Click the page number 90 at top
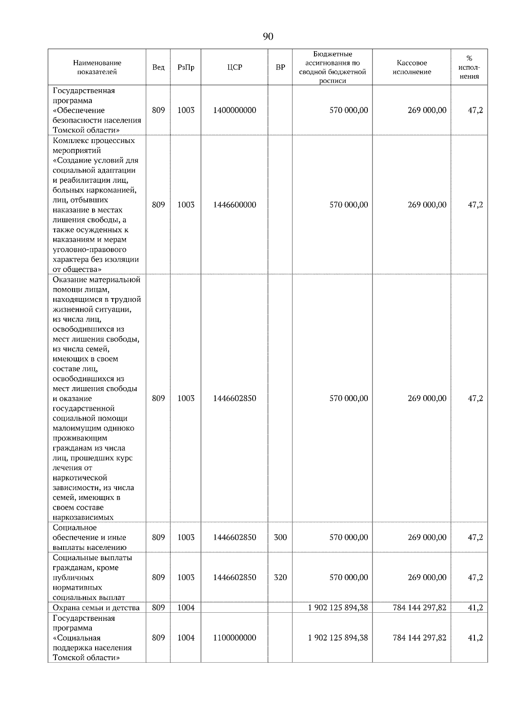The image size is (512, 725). [x=268, y=37]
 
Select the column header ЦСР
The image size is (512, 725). [x=235, y=67]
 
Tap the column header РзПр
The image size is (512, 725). [x=186, y=67]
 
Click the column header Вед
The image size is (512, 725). [x=158, y=67]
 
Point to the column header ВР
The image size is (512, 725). [x=280, y=67]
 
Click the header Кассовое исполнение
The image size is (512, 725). [x=412, y=67]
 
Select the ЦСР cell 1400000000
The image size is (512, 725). [x=235, y=110]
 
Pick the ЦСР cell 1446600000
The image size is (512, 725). [x=235, y=205]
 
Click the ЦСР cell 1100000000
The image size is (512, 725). [x=235, y=637]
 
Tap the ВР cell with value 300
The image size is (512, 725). [x=280, y=537]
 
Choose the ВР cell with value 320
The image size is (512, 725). [x=280, y=577]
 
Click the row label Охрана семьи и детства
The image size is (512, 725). [x=96, y=608]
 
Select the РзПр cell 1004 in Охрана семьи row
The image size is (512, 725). [x=186, y=607]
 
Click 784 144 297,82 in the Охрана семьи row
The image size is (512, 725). [x=419, y=607]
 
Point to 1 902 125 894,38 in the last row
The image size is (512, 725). [x=338, y=637]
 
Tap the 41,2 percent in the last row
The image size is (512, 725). [x=475, y=637]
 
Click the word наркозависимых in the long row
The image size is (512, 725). [x=83, y=517]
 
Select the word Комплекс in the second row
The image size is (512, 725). [x=70, y=140]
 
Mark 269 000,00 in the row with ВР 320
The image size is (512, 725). [x=427, y=577]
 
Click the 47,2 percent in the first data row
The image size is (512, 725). [x=475, y=110]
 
